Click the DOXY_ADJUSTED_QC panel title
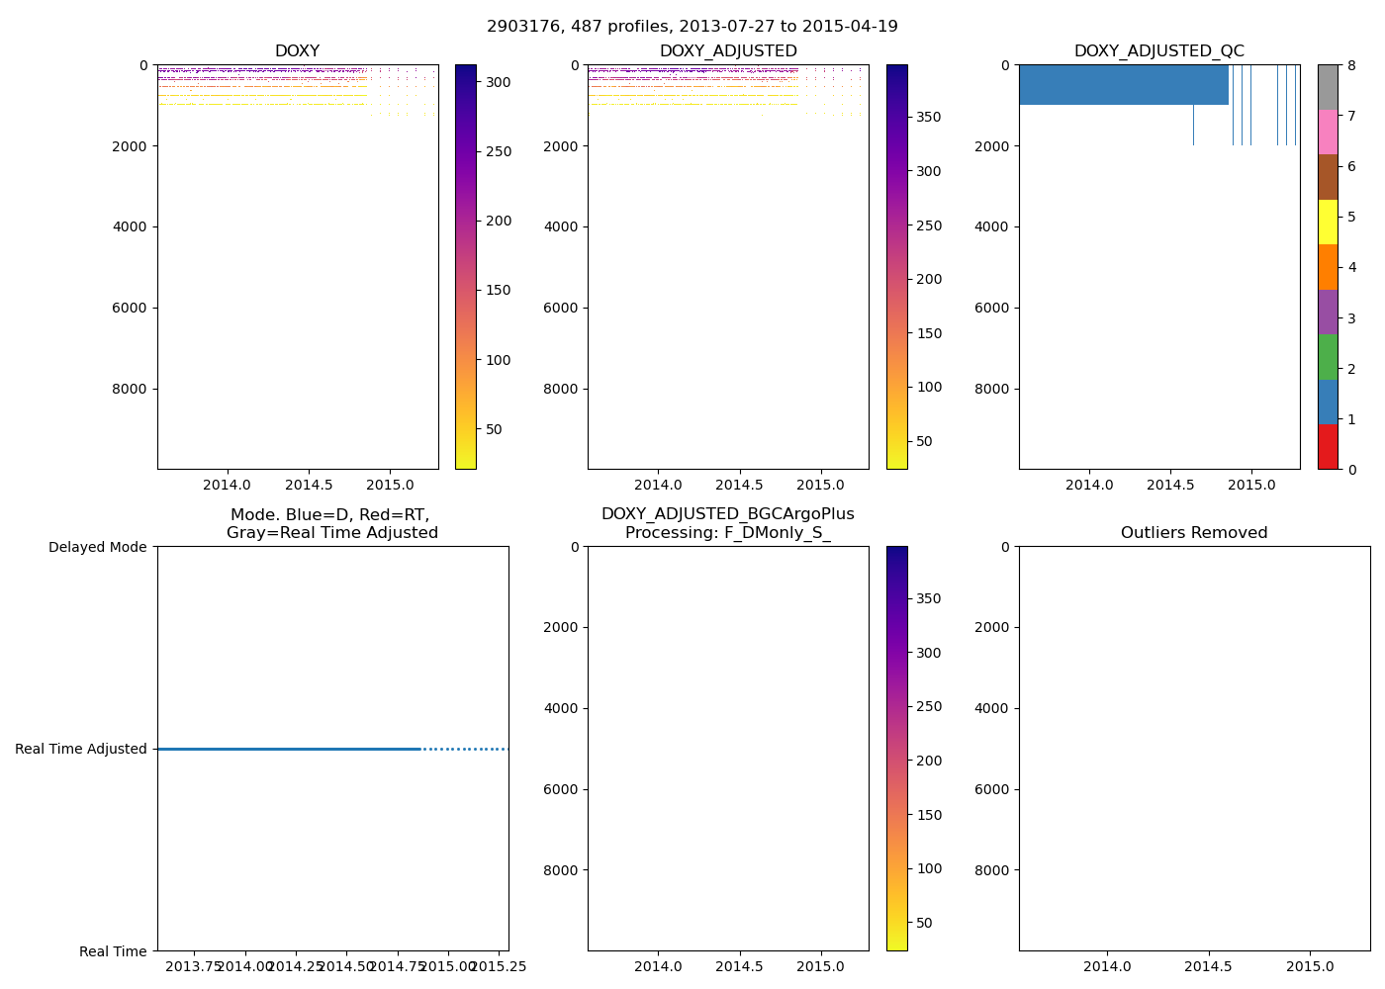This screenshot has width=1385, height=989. tap(1159, 51)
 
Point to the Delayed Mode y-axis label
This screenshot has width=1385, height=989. tap(97, 547)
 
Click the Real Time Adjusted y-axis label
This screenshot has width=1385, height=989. tap(81, 749)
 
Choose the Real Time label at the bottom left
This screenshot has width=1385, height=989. tap(113, 951)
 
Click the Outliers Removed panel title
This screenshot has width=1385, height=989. tap(1194, 533)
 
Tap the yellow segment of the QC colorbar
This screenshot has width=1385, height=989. tap(1328, 222)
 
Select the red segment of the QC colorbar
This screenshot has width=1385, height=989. tap(1328, 446)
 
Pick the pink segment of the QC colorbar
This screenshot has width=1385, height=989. tap(1328, 132)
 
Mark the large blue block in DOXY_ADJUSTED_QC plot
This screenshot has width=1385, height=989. tap(1124, 85)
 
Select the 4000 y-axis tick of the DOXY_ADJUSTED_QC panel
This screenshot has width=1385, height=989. tap(991, 226)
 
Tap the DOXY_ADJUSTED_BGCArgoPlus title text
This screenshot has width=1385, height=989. tap(728, 514)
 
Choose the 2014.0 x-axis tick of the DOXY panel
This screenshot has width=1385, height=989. tap(228, 485)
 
